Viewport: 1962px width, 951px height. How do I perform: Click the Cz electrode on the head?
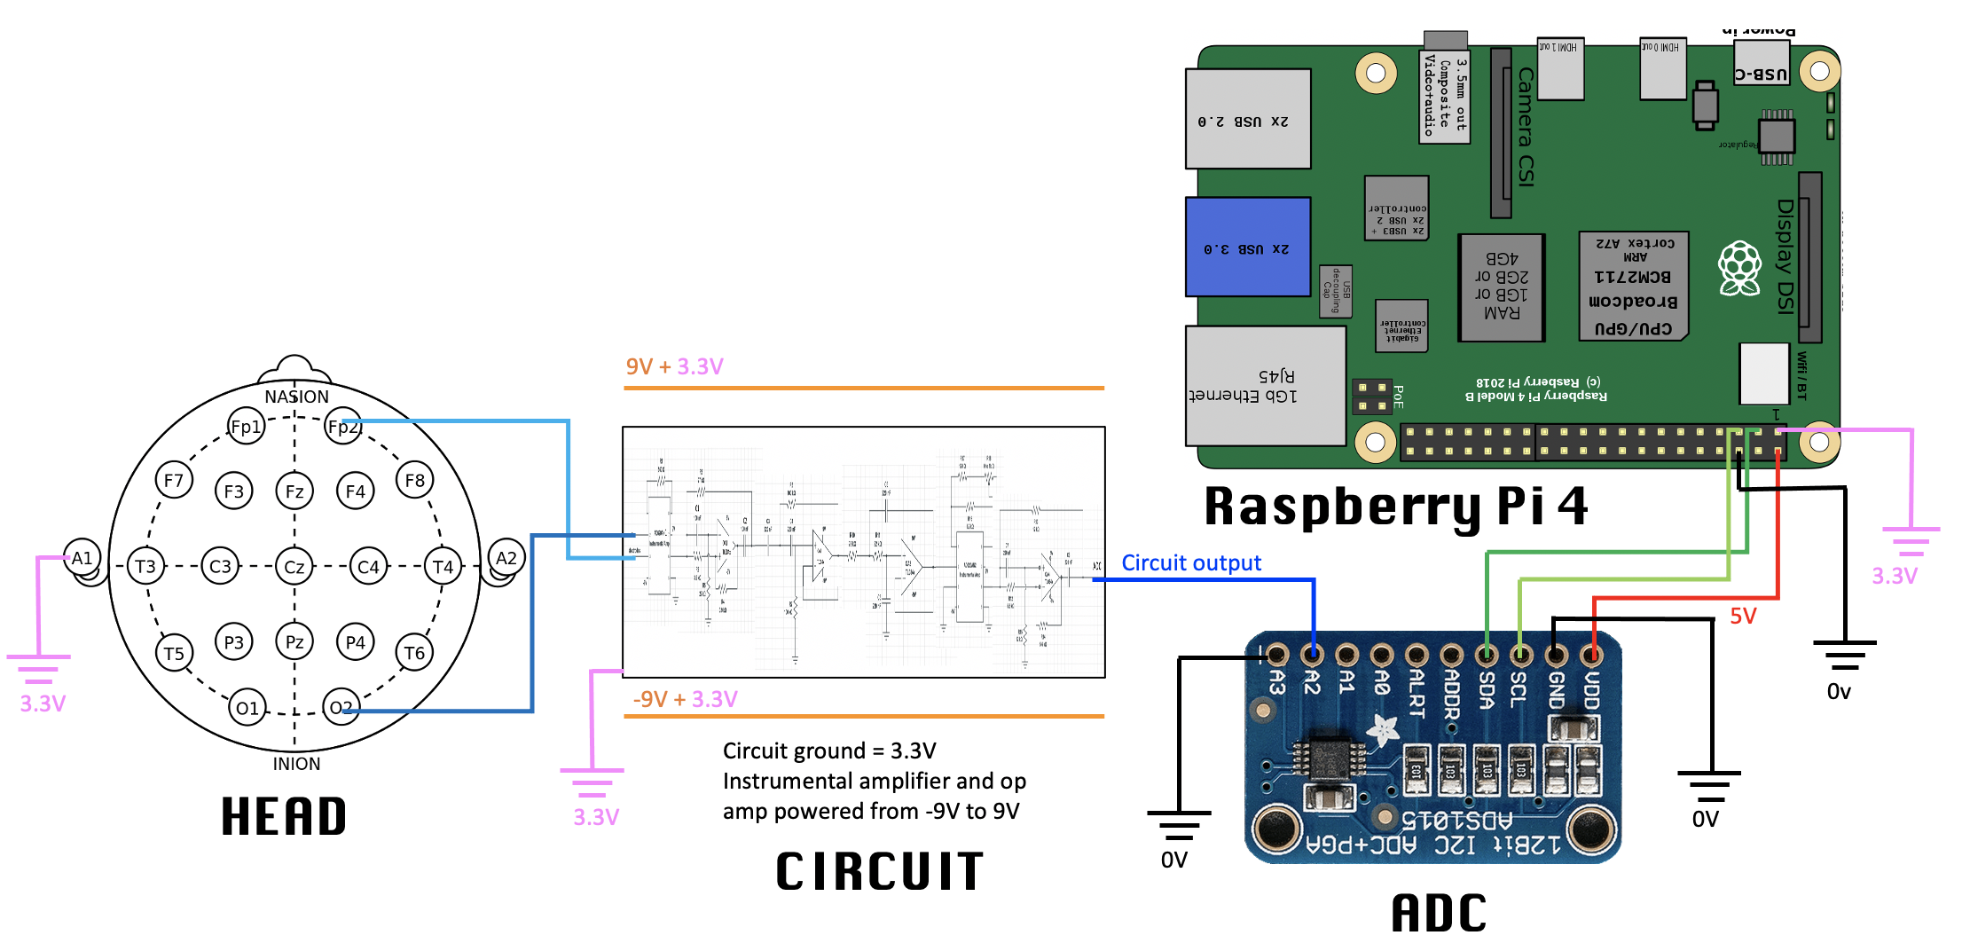(x=294, y=567)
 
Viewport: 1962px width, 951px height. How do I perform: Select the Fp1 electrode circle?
(x=246, y=427)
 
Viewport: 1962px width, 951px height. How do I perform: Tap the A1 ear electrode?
(x=82, y=558)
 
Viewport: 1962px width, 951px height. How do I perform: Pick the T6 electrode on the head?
(x=414, y=653)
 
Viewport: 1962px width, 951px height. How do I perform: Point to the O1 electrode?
(x=247, y=708)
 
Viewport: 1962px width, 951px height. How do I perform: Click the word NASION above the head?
(x=296, y=397)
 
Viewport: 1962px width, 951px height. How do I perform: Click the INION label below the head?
(x=296, y=764)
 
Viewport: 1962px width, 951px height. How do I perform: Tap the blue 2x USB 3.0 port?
(x=1247, y=248)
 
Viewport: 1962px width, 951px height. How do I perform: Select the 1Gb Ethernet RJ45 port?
(x=1265, y=386)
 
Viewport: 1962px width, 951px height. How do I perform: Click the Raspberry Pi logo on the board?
(x=1739, y=268)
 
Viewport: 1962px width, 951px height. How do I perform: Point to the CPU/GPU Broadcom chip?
(x=1633, y=286)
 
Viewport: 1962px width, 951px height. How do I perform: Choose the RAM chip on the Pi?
(x=1502, y=287)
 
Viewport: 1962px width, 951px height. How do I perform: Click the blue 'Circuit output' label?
(x=1190, y=563)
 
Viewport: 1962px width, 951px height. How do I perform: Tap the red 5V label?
(x=1743, y=617)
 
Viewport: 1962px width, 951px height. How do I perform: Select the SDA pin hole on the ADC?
(x=1487, y=656)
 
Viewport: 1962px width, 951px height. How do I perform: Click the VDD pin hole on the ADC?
(x=1591, y=656)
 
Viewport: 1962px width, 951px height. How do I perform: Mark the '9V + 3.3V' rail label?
(x=674, y=366)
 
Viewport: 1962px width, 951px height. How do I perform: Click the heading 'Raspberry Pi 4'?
(x=1395, y=507)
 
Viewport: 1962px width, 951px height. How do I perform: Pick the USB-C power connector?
(x=1761, y=73)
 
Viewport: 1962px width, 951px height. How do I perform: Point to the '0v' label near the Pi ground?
(x=1839, y=692)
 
